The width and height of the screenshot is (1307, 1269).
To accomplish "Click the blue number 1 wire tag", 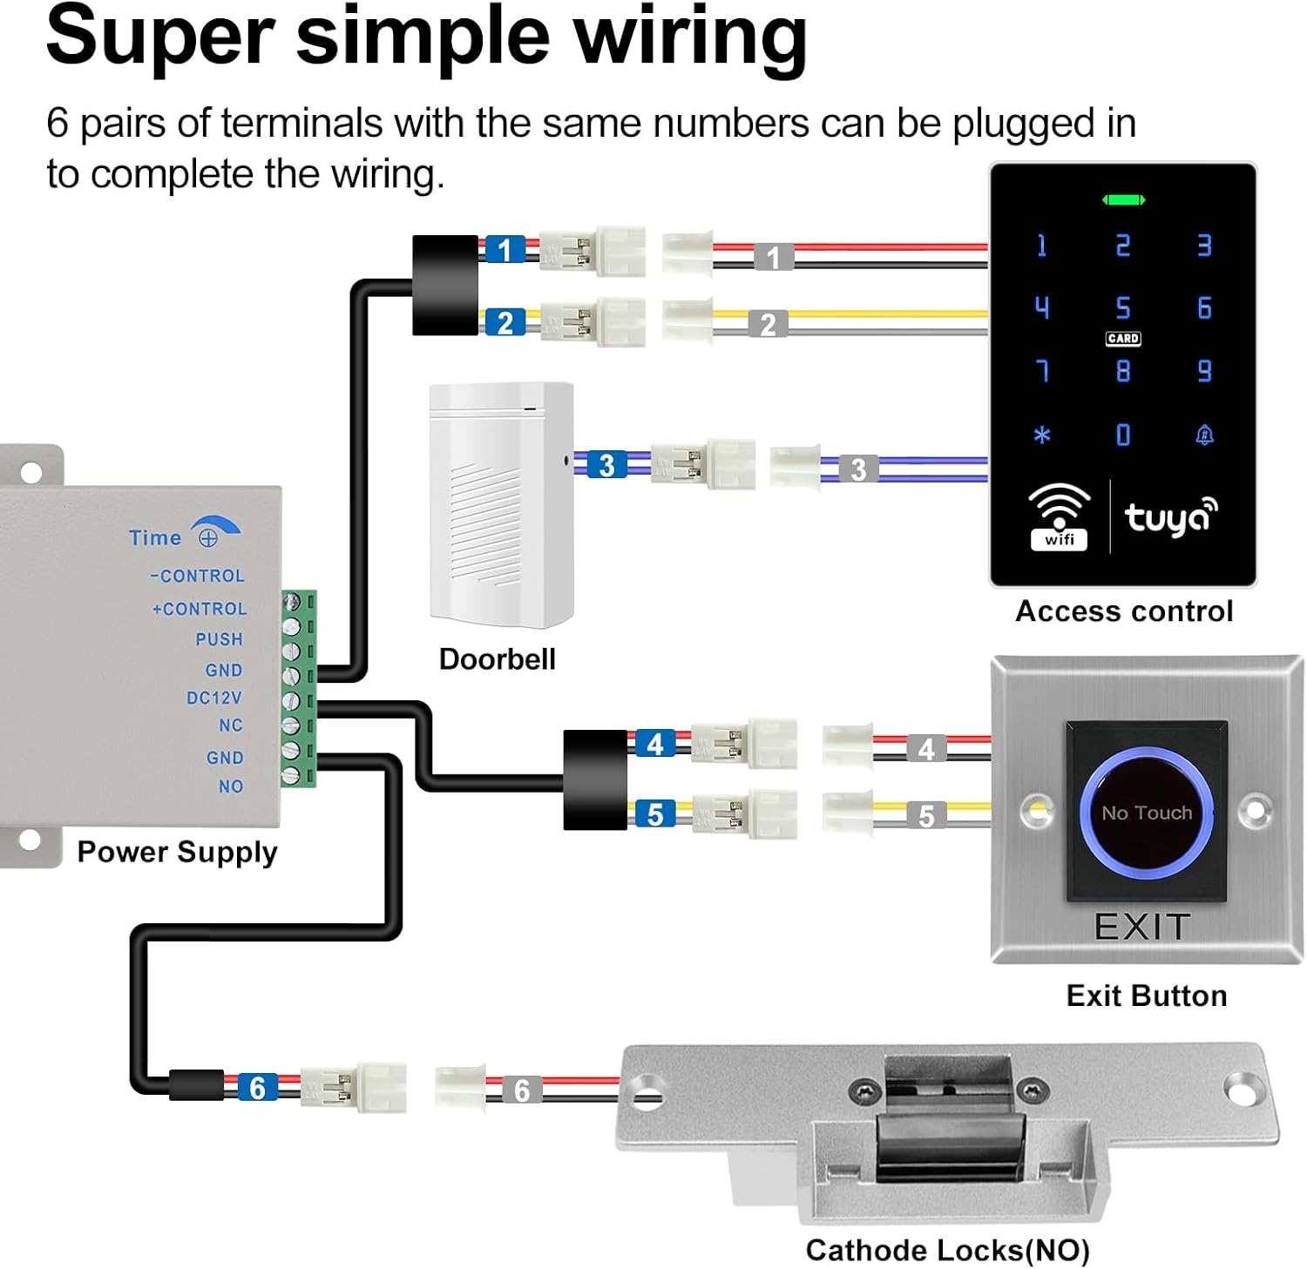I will coord(505,250).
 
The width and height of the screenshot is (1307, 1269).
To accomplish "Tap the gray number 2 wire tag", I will coord(768,325).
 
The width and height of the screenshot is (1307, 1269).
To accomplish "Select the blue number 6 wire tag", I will coord(257,1088).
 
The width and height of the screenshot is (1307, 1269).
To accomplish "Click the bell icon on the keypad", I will coord(1204,435).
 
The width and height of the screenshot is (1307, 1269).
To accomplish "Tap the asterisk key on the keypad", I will coord(1042,435).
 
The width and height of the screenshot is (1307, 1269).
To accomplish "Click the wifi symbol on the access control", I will coord(1060,516).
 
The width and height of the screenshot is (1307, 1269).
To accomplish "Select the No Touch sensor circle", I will coord(1146,812).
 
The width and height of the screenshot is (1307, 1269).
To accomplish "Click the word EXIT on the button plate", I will coord(1142,927).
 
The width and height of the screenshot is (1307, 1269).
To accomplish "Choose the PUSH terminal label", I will coord(219,639).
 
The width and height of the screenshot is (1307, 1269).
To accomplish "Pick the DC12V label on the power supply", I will coord(214,698).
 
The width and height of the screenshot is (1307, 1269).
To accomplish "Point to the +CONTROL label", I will coord(200,609).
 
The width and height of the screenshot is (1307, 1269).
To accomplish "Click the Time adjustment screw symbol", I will coord(208,538).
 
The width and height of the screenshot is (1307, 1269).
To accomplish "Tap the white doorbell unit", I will coord(501,505).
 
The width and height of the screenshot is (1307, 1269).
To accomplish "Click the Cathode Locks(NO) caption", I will coord(947,1250).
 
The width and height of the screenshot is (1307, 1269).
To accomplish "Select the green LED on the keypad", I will coord(1123,200).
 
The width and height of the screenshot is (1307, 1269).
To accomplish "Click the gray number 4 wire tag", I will coord(926,748).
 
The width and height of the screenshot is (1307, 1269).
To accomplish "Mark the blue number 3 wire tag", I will coord(606,465).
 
